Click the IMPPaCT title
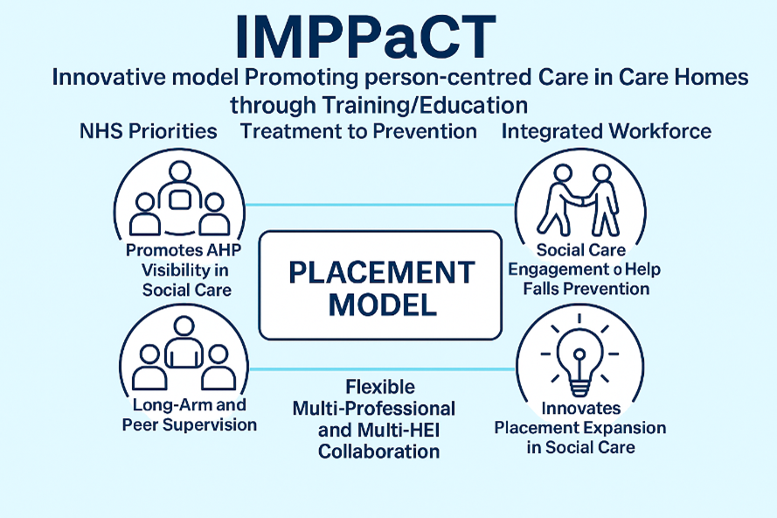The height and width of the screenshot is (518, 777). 365,38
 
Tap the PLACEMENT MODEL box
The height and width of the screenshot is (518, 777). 380,285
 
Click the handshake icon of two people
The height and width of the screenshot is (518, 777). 579,201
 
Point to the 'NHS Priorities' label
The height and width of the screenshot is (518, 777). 149,131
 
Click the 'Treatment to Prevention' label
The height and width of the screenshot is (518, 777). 358,131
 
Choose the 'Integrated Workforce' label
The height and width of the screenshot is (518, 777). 607,131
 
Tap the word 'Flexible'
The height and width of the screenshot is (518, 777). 380,387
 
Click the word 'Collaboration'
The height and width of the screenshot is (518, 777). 379,451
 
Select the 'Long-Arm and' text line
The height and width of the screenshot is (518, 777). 190,405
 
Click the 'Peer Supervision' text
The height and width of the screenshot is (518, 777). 190,425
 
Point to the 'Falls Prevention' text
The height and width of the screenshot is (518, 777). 586,289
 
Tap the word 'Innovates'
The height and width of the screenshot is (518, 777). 580,409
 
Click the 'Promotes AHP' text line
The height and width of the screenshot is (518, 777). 184,250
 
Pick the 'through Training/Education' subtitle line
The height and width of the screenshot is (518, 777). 378,105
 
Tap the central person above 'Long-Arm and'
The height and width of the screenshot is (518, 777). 184,343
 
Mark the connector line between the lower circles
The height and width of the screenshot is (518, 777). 382,369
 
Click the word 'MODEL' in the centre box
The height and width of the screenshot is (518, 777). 383,304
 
